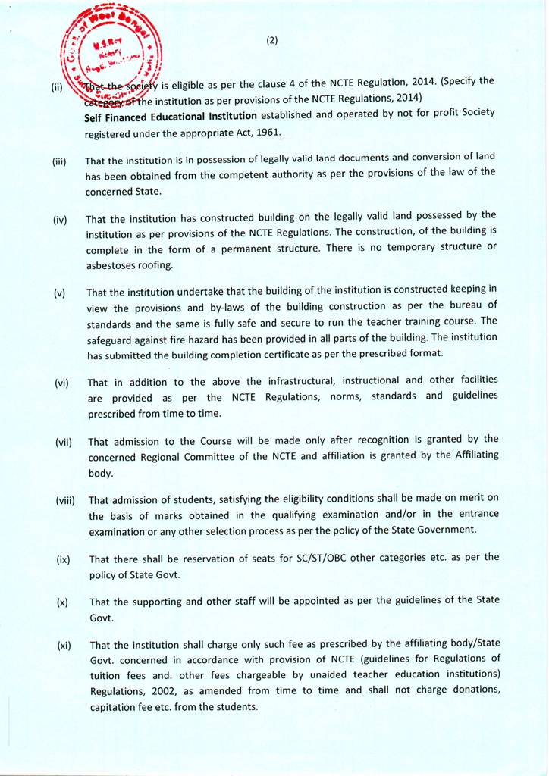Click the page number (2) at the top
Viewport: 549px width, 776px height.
point(272,41)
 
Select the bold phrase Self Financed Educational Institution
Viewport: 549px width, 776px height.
point(171,117)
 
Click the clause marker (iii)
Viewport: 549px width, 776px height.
point(60,161)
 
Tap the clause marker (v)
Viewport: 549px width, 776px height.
point(60,293)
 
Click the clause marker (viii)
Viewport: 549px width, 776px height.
point(66,500)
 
